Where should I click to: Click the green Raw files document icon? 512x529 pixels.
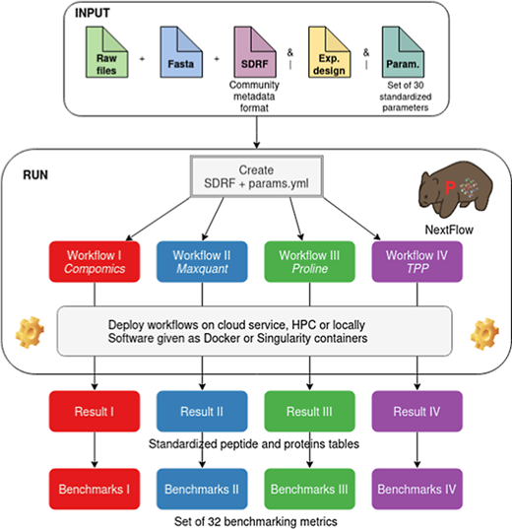(106, 52)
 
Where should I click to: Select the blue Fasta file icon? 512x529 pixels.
(181, 52)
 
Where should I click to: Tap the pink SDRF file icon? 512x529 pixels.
(255, 52)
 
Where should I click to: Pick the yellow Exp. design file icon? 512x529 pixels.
(329, 52)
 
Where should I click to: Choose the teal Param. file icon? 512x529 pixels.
(403, 52)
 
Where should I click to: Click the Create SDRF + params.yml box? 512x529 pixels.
(257, 176)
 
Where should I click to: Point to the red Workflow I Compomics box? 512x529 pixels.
(95, 261)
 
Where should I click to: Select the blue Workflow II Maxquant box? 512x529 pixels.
(202, 261)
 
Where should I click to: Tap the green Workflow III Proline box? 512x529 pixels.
(309, 261)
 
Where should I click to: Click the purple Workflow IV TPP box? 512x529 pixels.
(417, 261)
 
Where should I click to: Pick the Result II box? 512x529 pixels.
(202, 411)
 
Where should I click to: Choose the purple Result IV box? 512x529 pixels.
(417, 411)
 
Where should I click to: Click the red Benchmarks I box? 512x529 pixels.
(95, 489)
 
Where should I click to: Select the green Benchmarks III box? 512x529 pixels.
(309, 489)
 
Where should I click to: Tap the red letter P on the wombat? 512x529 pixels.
(450, 187)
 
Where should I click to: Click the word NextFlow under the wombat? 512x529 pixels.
(449, 230)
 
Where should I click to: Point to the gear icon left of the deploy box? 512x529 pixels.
(30, 332)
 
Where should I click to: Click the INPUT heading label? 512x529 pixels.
(93, 13)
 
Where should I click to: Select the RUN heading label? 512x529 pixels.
(35, 175)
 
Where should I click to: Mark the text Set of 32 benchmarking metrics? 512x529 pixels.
(256, 521)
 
